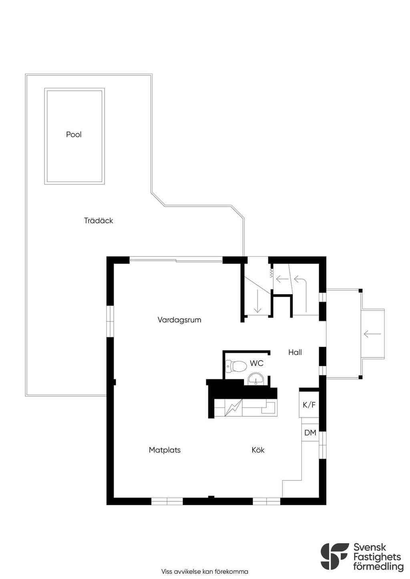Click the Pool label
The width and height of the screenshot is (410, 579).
point(74,134)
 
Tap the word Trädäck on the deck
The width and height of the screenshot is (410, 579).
point(98,220)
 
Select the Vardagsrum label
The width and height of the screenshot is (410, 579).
point(179,320)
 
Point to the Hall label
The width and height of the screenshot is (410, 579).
point(295,352)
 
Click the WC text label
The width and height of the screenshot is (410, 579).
point(257,363)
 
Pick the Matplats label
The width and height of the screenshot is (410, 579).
point(165,450)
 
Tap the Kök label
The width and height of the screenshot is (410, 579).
point(258,450)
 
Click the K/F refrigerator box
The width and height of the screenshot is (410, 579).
point(309,405)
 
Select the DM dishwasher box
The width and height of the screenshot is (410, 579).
point(310,433)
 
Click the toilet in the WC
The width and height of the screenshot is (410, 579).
point(236,366)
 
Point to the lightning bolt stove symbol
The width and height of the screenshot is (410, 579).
point(233,407)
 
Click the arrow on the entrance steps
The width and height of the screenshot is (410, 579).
point(372,334)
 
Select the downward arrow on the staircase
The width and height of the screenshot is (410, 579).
point(257,301)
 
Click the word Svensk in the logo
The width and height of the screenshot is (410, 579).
point(370,540)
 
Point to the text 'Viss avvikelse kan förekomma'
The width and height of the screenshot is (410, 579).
point(205,571)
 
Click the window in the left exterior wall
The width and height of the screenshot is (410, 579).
point(110,321)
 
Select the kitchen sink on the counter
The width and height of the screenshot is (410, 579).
point(269,407)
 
